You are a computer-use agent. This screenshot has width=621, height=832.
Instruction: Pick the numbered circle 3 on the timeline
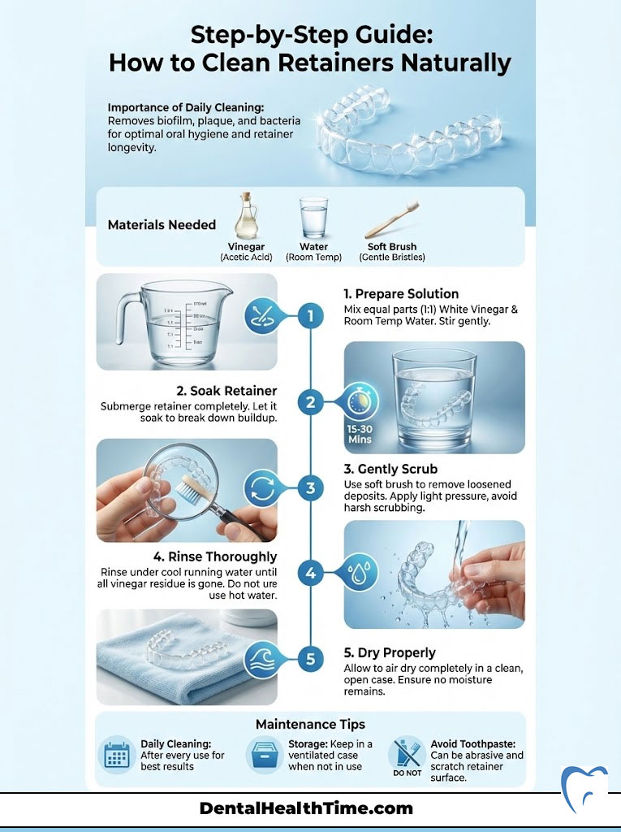[x=310, y=487]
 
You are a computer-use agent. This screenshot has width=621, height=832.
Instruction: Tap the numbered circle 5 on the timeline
[x=310, y=658]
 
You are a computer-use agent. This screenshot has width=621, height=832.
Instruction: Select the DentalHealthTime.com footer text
[x=306, y=808]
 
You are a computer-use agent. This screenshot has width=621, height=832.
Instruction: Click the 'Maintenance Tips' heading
[x=310, y=723]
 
